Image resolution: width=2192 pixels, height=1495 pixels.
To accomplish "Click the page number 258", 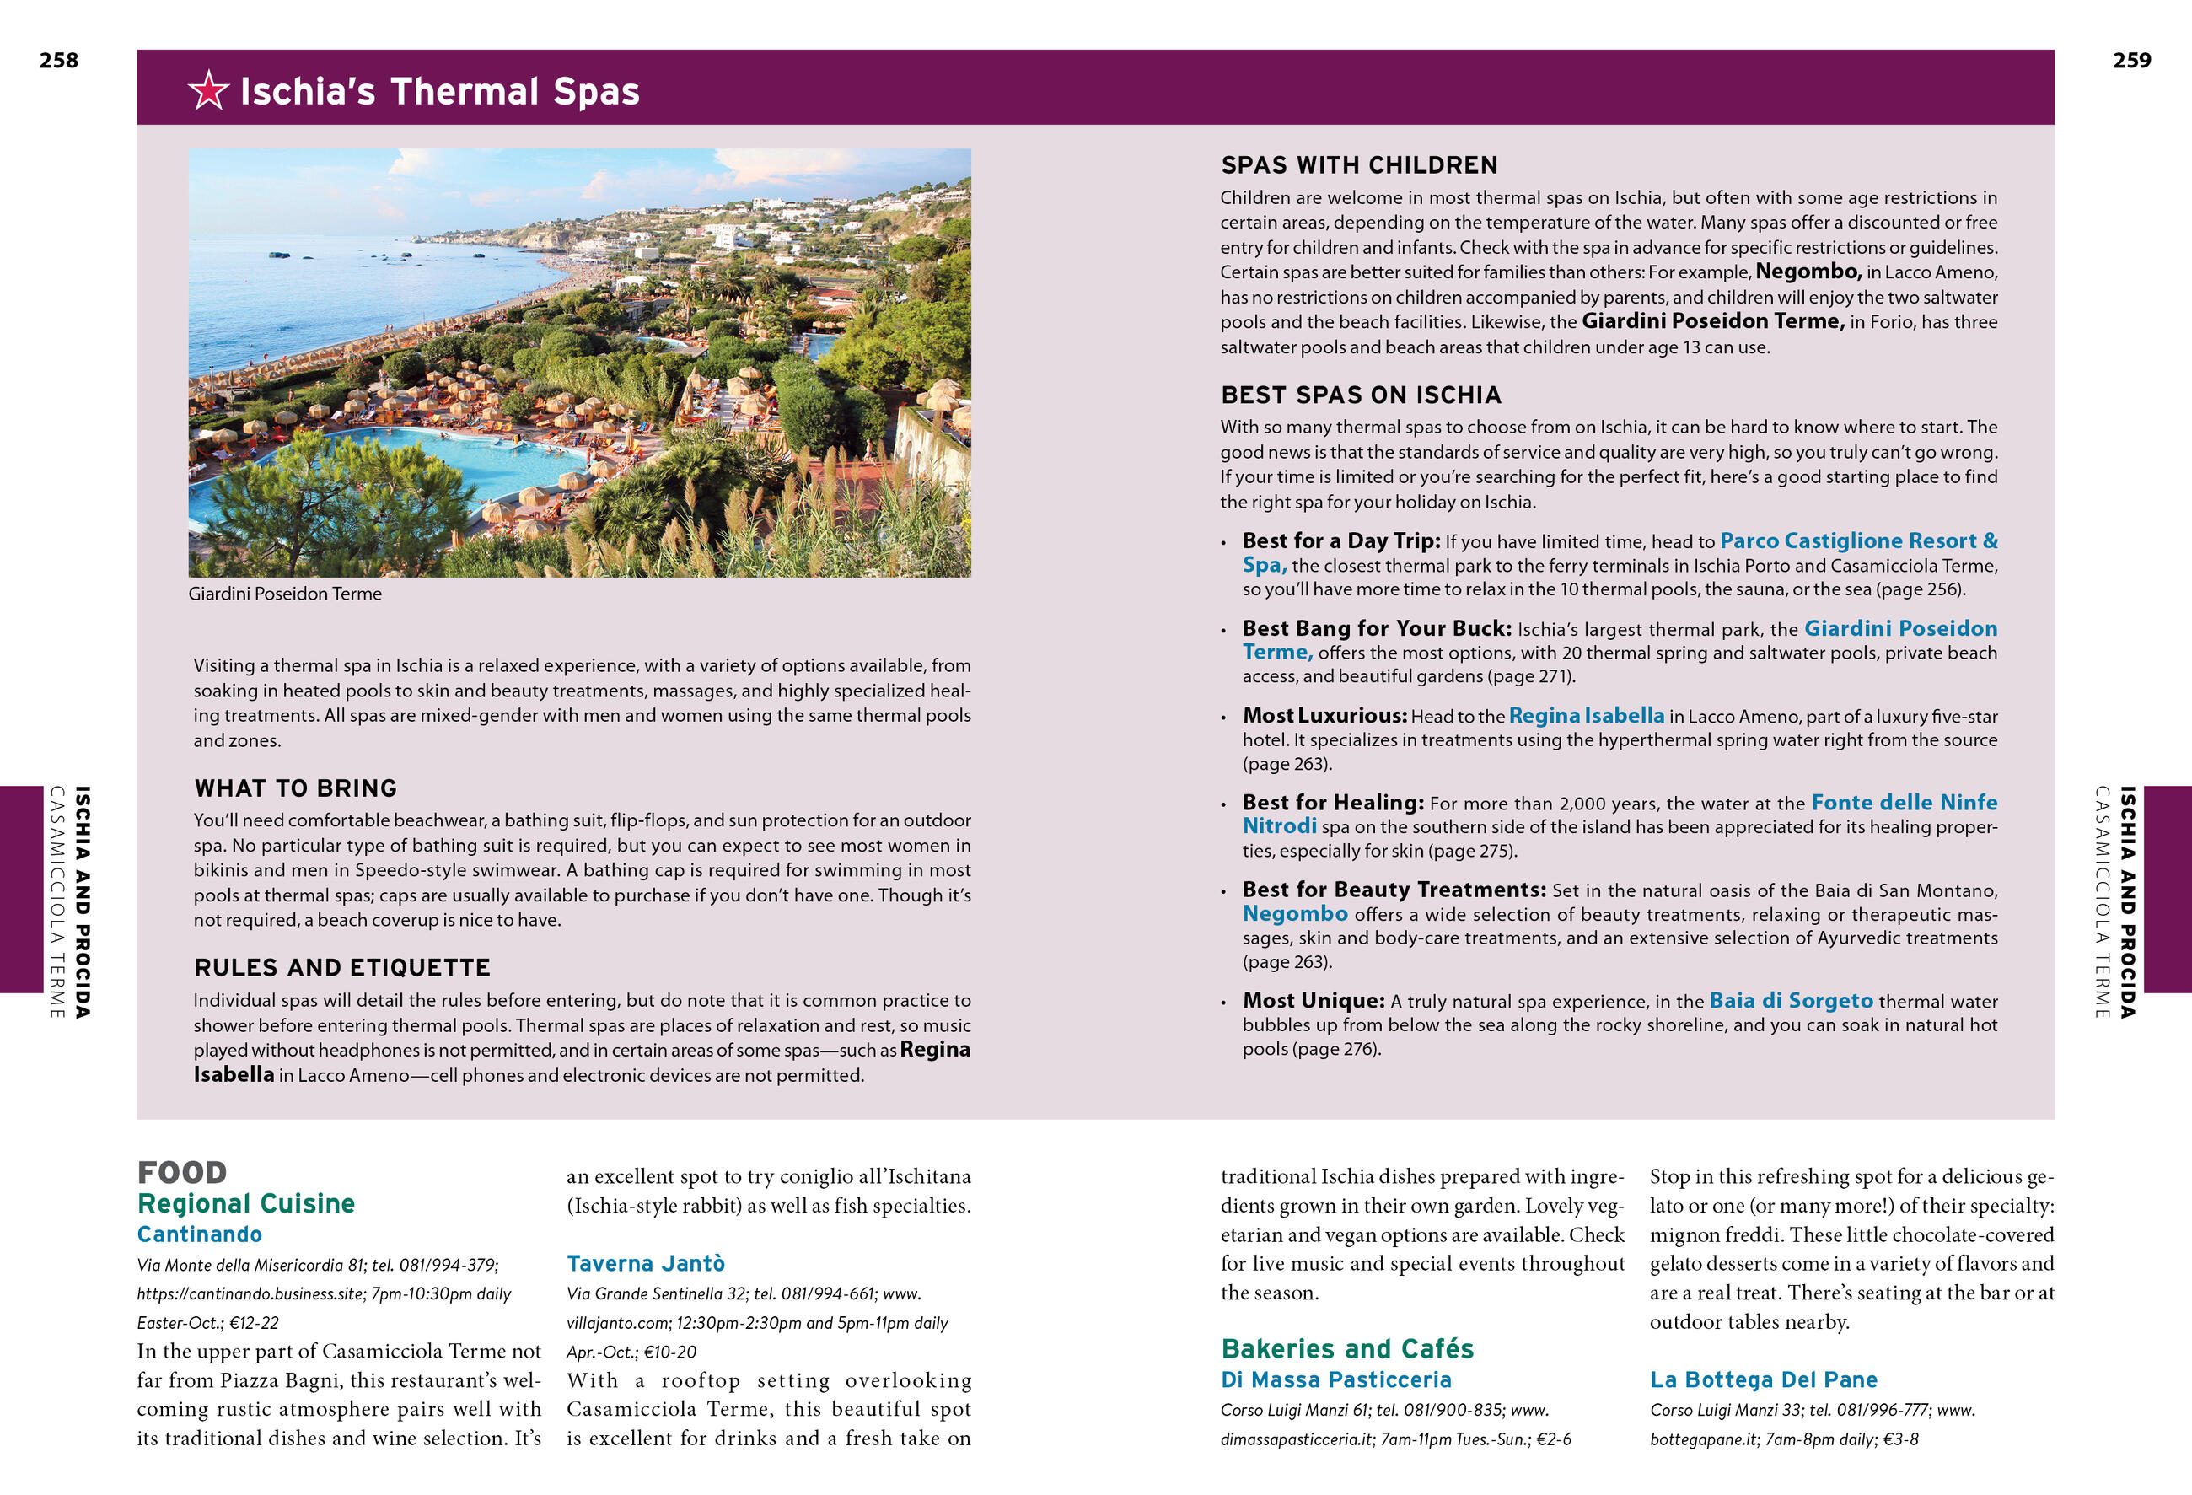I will (x=58, y=61).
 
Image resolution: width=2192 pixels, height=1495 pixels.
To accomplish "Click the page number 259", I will (x=2131, y=61).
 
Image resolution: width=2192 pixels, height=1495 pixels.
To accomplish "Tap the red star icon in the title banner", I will (x=207, y=90).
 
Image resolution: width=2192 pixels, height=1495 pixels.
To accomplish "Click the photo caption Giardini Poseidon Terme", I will (x=285, y=594).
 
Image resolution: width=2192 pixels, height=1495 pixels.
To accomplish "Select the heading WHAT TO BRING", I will (x=295, y=788).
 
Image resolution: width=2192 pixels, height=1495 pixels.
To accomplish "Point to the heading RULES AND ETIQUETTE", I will (x=341, y=967).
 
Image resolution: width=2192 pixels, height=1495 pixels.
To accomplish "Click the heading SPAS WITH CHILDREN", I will (x=1358, y=165).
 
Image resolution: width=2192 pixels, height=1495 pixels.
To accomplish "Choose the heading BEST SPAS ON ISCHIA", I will (x=1360, y=395).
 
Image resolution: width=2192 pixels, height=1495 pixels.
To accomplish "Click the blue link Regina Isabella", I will (x=1586, y=715).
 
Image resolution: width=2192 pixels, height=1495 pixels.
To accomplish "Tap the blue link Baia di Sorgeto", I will (x=1790, y=1000).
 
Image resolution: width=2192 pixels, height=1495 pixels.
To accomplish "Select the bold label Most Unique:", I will (x=1313, y=1000).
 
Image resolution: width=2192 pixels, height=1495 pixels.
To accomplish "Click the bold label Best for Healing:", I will (x=1332, y=802).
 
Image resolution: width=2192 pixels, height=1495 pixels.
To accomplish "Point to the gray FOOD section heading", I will (x=182, y=1171).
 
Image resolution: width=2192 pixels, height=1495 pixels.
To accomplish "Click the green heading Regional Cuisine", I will (x=246, y=1202).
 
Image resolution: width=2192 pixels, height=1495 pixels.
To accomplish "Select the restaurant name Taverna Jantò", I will (x=645, y=1263).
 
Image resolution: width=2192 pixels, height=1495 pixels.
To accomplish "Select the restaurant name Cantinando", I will (x=199, y=1234).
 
